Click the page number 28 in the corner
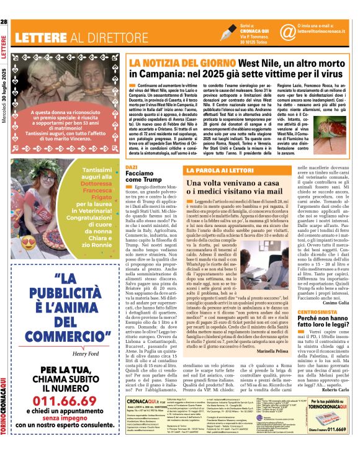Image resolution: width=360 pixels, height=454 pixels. coord(5,23)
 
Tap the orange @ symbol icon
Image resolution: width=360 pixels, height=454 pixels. coord(287,31)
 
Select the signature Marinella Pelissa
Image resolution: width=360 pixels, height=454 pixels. coord(271,333)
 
